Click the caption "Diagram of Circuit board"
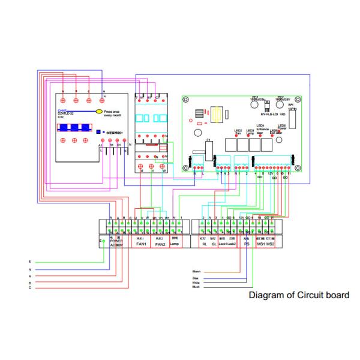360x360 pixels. pos(298,296)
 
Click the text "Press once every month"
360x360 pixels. pos(118,113)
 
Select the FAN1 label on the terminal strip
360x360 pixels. pos(142,245)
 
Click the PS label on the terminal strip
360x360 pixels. pos(247,245)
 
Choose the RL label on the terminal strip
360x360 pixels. pos(204,245)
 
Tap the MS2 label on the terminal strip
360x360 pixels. pos(271,245)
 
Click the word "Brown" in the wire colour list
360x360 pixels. pos(196,272)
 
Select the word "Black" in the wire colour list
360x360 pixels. pos(196,287)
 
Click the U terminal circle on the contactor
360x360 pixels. pos(142,166)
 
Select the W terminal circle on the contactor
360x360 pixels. pos(163,166)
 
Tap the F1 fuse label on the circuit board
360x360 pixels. pos(208,140)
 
